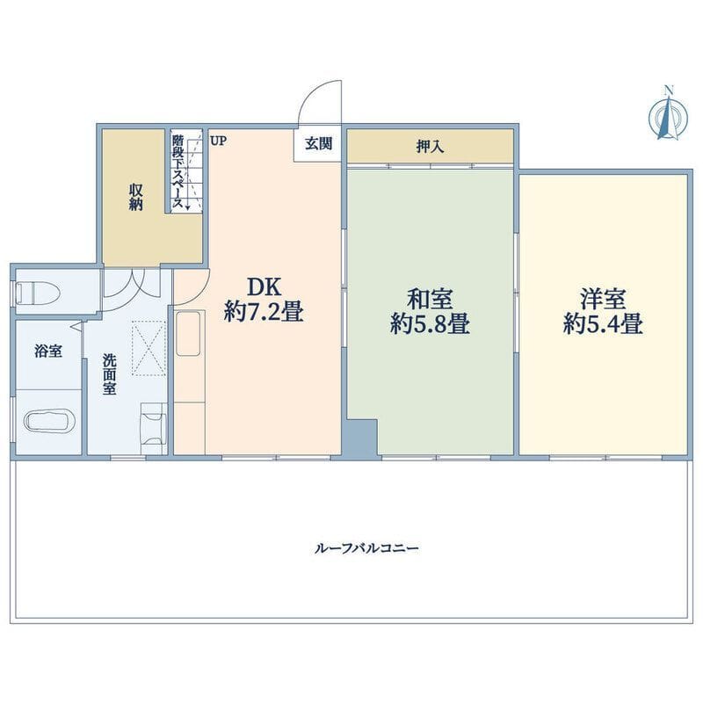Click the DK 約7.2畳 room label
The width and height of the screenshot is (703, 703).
tap(265, 299)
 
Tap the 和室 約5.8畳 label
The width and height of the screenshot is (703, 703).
tap(430, 312)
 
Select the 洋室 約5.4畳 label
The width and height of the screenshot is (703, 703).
tap(603, 312)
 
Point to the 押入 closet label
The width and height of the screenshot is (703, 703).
tap(430, 146)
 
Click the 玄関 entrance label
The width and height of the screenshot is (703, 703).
tap(319, 143)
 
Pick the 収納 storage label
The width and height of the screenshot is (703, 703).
tap(136, 197)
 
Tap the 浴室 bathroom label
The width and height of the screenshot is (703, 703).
tap(48, 351)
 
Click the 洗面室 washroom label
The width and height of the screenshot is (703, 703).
tap(109, 374)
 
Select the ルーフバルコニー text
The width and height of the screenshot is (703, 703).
tap(366, 548)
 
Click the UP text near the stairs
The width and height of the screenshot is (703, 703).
tap(218, 141)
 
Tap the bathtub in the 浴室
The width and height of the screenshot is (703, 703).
tap(47, 422)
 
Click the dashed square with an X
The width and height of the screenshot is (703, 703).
tap(149, 347)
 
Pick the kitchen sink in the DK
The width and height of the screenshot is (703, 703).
tap(188, 333)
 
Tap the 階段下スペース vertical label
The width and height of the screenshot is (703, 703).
tap(178, 171)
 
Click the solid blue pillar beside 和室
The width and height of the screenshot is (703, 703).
tap(359, 438)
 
